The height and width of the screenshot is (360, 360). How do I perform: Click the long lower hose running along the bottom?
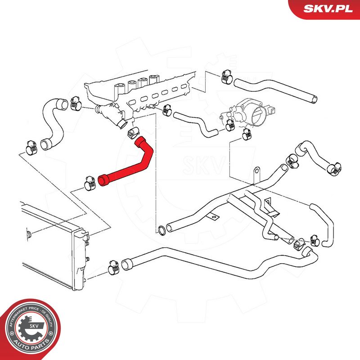click(x=216, y=265)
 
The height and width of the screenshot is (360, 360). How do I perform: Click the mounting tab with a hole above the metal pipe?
click(x=256, y=173)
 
